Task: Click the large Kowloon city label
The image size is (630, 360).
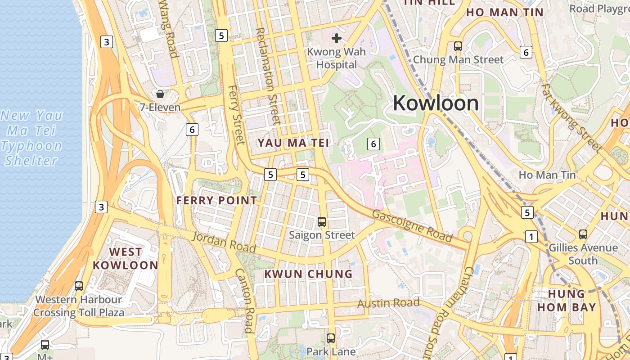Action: [436, 103]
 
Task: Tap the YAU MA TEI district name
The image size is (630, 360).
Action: [293, 143]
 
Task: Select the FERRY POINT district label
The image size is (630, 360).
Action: [216, 201]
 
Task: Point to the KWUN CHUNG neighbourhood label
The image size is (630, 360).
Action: [308, 274]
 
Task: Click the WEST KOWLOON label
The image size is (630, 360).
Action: [125, 259]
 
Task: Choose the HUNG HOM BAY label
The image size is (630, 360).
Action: [572, 301]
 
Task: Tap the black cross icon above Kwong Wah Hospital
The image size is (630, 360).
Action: [336, 38]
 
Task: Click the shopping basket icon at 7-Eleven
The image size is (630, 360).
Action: [160, 94]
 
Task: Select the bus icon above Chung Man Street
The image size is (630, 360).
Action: [458, 46]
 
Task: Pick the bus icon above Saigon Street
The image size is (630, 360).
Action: [322, 221]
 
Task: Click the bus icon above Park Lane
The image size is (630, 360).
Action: [331, 338]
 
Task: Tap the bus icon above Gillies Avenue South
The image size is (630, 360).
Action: [583, 234]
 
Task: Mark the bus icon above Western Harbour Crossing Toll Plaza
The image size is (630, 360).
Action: [79, 286]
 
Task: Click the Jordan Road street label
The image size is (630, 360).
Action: [224, 242]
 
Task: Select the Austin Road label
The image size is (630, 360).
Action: [388, 303]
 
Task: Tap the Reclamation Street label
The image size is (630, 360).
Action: [268, 76]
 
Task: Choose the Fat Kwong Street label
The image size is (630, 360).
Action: [571, 117]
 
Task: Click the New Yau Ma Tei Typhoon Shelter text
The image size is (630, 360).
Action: [31, 138]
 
